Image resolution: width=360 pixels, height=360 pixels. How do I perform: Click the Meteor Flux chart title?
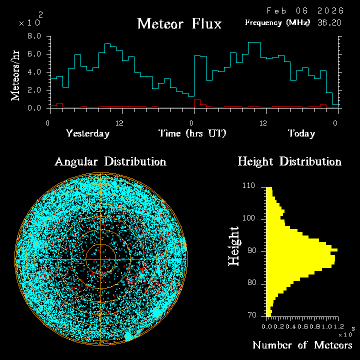(179, 24)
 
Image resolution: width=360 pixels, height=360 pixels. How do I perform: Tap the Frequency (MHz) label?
(277, 22)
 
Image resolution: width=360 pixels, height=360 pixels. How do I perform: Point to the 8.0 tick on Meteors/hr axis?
(34, 36)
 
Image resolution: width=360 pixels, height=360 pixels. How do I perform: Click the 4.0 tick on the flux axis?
(34, 72)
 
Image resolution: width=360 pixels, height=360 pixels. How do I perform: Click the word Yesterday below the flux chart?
(87, 134)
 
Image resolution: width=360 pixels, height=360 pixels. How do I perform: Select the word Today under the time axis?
(301, 134)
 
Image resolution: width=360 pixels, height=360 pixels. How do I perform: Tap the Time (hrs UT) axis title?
(192, 134)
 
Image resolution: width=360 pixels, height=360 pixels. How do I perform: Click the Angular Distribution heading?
(110, 162)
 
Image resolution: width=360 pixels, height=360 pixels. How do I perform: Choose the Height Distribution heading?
(289, 162)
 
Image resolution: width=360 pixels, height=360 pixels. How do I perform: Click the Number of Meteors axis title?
(302, 345)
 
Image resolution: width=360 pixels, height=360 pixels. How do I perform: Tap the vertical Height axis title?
(234, 246)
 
